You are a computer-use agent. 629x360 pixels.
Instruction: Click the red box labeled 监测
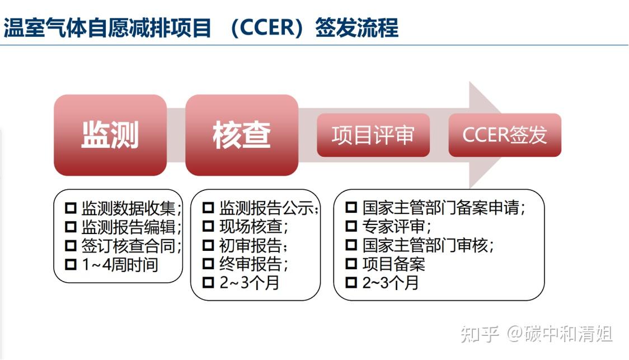pyautogui.click(x=110, y=135)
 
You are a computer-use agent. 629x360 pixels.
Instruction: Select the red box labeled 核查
pyautogui.click(x=241, y=135)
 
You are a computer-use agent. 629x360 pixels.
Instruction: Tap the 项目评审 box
pyautogui.click(x=373, y=135)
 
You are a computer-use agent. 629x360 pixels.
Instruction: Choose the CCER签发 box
pyautogui.click(x=504, y=135)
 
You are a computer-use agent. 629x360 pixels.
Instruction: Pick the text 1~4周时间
pyautogui.click(x=119, y=264)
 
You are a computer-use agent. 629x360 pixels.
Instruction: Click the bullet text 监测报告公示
pyautogui.click(x=268, y=209)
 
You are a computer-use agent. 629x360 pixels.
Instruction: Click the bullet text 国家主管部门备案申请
pyautogui.click(x=443, y=208)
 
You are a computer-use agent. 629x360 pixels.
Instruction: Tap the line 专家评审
pyautogui.click(x=396, y=227)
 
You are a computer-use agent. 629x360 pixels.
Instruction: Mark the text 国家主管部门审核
pyautogui.click(x=428, y=245)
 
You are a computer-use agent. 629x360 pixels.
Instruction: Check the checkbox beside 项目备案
pyautogui.click(x=351, y=264)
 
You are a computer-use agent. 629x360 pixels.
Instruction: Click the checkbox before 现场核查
pyautogui.click(x=208, y=227)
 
